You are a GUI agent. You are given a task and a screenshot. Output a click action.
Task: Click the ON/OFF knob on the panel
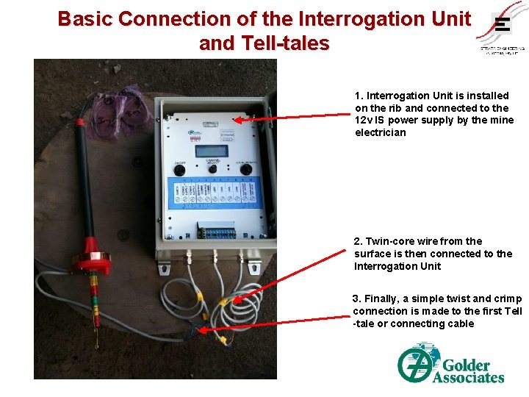coord(179,169)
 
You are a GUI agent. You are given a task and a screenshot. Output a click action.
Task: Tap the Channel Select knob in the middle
coord(212,169)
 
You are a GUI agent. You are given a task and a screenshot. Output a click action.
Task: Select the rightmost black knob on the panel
coord(245,169)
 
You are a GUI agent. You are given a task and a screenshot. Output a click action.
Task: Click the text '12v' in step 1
coord(364,121)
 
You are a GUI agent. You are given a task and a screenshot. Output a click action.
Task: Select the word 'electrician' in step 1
coord(380,133)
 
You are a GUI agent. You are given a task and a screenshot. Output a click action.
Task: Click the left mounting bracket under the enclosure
coord(163,266)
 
